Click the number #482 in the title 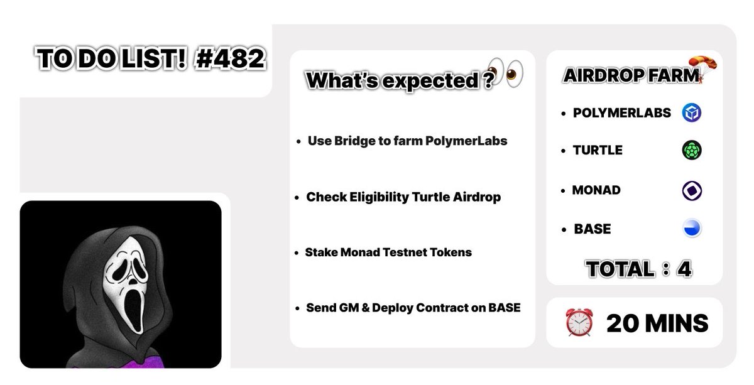click(229, 60)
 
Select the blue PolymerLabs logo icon click(692, 113)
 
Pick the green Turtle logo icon click(692, 150)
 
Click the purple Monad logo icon click(692, 190)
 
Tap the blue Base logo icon click(692, 229)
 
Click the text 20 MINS click(657, 323)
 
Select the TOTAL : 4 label click(638, 269)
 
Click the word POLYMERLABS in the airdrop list click(622, 113)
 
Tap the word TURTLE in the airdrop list click(598, 150)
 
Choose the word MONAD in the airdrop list click(597, 190)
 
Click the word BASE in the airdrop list click(592, 229)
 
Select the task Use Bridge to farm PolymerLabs click(407, 141)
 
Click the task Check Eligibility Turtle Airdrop click(403, 197)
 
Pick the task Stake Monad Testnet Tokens click(388, 252)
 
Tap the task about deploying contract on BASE click(413, 308)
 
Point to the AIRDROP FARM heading click(631, 76)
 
